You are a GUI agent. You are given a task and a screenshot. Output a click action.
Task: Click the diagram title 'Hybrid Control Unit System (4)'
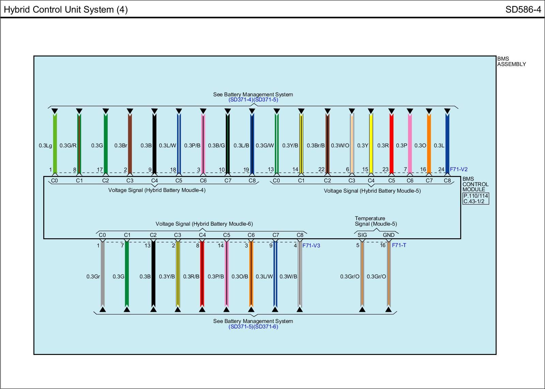tap(66, 10)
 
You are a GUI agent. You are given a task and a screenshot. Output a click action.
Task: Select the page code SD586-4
tap(523, 10)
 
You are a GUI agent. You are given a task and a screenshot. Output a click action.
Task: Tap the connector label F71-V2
tap(458, 169)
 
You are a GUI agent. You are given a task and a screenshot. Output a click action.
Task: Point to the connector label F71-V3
tap(311, 245)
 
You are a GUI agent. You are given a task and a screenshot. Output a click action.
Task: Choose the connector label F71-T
tap(399, 245)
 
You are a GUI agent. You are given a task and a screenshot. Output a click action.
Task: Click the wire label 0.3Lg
tap(45, 146)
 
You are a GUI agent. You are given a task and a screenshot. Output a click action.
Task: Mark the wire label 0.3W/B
tap(288, 276)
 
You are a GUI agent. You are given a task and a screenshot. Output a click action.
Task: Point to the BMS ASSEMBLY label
tap(511, 62)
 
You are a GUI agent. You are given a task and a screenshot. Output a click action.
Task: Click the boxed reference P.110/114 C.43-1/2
tap(476, 198)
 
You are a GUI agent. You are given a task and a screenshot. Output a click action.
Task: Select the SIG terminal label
tap(362, 235)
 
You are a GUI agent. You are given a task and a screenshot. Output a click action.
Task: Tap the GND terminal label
tap(388, 235)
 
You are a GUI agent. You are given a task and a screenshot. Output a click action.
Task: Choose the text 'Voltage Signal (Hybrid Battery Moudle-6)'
tap(204, 224)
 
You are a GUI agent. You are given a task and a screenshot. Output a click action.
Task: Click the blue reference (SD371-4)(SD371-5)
tap(253, 100)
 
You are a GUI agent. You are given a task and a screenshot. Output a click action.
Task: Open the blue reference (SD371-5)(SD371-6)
tap(253, 327)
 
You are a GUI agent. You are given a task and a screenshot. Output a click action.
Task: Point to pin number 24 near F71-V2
tap(441, 169)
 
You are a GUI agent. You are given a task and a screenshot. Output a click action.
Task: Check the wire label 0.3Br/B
tap(315, 146)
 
